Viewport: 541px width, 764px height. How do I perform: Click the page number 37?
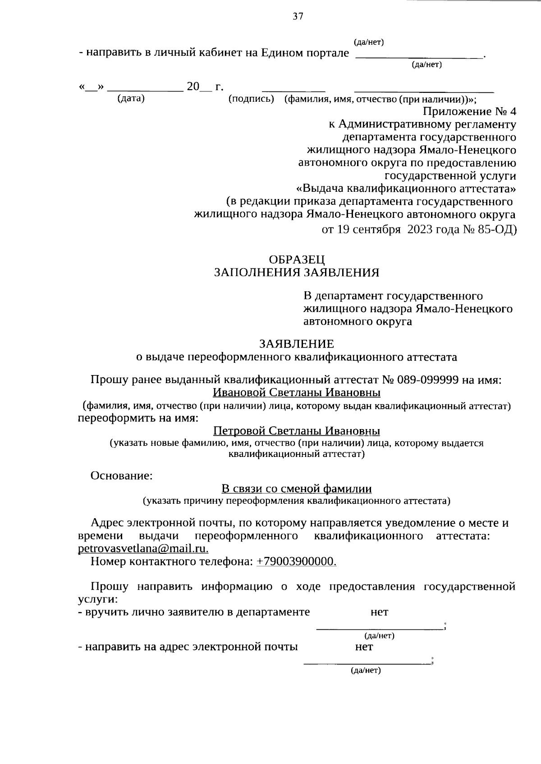tap(298, 17)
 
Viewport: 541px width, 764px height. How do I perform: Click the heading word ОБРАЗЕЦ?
tap(296, 259)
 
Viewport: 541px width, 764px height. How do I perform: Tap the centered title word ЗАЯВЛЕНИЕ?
tap(296, 344)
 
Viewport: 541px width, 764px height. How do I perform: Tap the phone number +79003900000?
tap(296, 561)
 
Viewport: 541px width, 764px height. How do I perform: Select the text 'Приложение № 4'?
tap(470, 111)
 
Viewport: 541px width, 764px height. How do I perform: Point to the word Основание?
tap(121, 475)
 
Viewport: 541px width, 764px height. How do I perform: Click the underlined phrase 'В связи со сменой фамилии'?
tap(296, 489)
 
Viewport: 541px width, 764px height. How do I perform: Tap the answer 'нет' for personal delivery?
tap(379, 612)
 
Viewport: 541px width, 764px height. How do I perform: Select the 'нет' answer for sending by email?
tap(364, 647)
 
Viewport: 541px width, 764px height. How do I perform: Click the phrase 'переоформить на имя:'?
tap(138, 418)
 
